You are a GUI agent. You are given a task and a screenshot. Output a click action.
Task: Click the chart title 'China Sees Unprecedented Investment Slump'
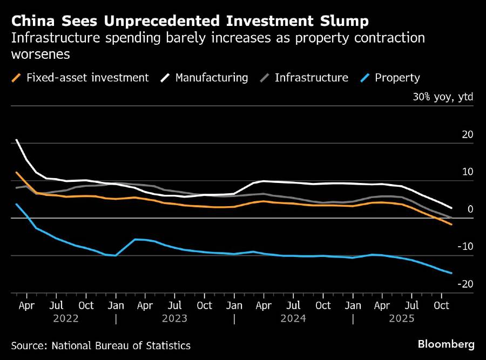coord(190,22)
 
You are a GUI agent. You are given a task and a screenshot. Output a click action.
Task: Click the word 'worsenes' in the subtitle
coord(41,55)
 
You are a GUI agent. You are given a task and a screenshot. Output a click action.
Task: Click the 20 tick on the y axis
coord(468,134)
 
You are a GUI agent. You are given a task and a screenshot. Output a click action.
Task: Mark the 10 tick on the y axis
coord(468,172)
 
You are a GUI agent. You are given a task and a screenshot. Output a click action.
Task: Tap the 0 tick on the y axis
coord(471,209)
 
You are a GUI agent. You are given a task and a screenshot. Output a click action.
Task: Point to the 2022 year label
coord(66,318)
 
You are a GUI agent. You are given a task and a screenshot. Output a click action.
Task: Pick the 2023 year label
coord(174,318)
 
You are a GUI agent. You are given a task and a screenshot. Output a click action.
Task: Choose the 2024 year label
coord(293,318)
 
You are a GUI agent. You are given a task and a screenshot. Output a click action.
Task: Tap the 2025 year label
coord(401,318)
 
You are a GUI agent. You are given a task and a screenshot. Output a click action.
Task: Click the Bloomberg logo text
coord(446,344)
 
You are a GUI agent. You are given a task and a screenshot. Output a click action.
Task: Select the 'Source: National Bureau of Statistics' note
coord(100,345)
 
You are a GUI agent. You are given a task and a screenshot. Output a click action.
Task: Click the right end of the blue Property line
coord(451,273)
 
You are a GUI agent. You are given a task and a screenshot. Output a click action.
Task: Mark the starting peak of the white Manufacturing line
coord(17,140)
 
